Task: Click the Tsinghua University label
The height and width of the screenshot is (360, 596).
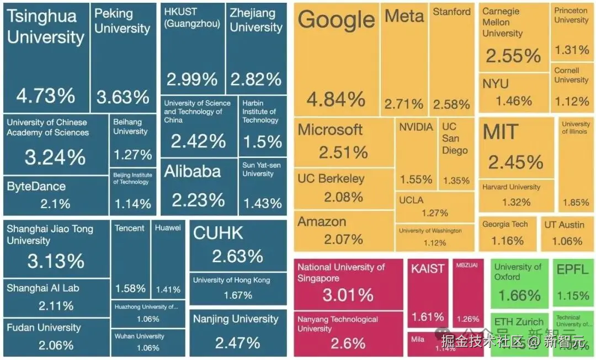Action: [x=45, y=27]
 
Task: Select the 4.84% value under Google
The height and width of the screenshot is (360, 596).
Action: [x=336, y=99]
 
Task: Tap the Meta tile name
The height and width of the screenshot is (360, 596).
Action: [x=404, y=16]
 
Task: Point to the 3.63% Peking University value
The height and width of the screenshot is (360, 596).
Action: [x=123, y=97]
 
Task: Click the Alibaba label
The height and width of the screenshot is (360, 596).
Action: [x=192, y=171]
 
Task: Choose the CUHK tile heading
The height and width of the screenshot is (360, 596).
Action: [x=218, y=233]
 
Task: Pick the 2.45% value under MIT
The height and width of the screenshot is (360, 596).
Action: [x=515, y=162]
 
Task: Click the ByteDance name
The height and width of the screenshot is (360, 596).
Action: [x=36, y=187]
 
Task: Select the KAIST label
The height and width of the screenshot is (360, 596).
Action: [x=428, y=269]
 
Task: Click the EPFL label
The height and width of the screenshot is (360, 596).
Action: [x=572, y=270]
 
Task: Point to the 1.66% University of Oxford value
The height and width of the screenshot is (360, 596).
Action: [x=519, y=295]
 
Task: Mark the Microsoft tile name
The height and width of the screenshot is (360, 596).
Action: [x=330, y=130]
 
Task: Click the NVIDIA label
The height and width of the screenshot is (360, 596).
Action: [x=416, y=127]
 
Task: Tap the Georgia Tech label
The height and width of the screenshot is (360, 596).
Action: [x=505, y=224]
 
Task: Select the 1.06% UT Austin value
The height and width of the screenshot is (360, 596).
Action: [x=567, y=241]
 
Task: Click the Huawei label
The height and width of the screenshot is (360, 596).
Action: [x=168, y=228]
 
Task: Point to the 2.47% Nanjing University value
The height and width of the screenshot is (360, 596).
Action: [x=237, y=342]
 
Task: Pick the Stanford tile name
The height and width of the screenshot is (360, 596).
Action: [x=451, y=12]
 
